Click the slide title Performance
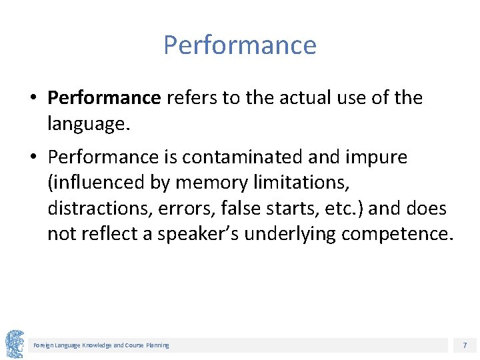[x=240, y=45]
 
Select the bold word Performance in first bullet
[x=105, y=98]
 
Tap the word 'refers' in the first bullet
[x=193, y=98]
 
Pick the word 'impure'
[x=378, y=158]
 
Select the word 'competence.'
[x=397, y=235]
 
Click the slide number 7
[x=465, y=345]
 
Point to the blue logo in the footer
[x=15, y=343]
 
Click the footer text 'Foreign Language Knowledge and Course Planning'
[x=101, y=345]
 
